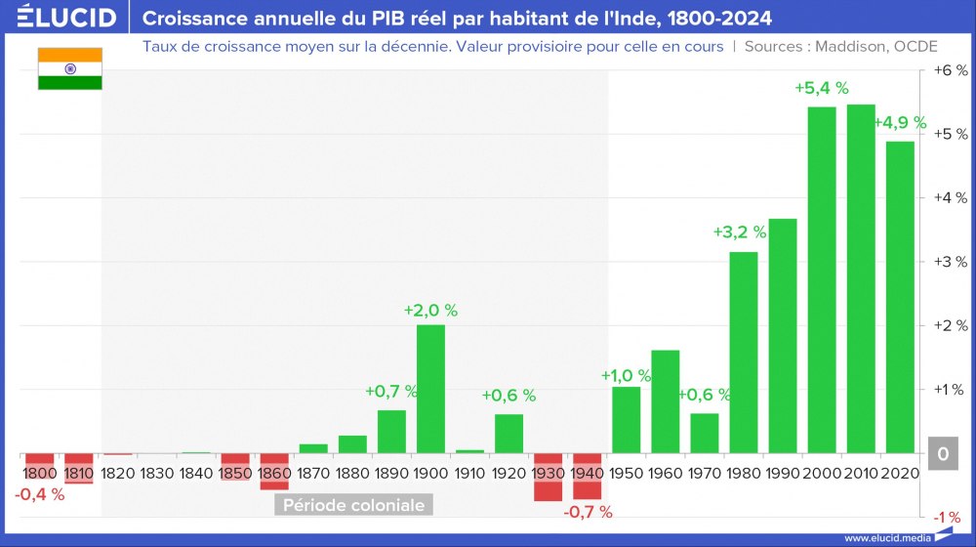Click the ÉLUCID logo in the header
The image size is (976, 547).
point(67,18)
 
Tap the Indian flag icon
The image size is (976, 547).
point(69,68)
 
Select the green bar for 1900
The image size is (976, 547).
point(430,389)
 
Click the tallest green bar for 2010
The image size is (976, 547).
point(860,278)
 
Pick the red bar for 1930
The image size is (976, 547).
point(548,478)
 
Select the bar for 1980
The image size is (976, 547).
point(743,353)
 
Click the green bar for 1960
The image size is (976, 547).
point(665,401)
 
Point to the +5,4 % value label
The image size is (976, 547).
point(821,88)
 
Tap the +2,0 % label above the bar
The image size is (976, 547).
point(430,311)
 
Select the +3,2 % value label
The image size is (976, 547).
point(739,232)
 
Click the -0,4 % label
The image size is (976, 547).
point(40,494)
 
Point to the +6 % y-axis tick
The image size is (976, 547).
point(950,70)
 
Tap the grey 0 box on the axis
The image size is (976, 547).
point(943,454)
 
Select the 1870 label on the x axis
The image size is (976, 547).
point(313,473)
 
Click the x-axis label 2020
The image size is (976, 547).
point(899,473)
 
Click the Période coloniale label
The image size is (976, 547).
point(353,505)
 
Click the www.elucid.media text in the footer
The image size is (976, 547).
point(884,537)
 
